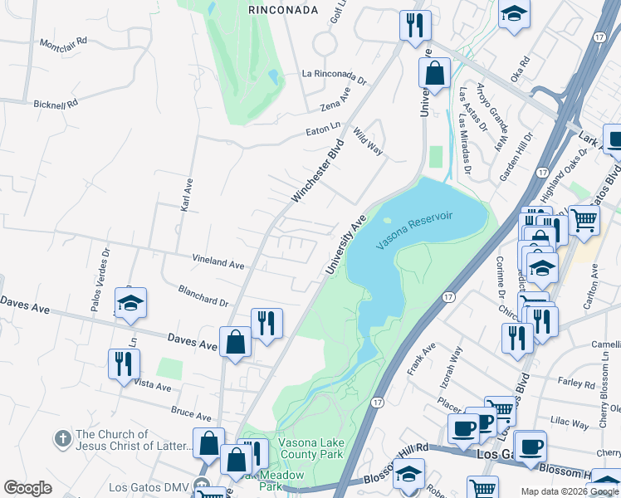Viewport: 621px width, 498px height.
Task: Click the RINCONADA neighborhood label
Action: (283, 10)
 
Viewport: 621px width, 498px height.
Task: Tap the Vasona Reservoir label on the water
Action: (414, 231)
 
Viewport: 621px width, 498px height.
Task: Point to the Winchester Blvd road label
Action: (317, 172)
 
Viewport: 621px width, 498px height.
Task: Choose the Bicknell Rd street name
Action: (55, 105)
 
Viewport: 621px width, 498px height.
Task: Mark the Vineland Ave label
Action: (218, 262)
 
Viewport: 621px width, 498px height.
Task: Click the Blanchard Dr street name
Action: (203, 295)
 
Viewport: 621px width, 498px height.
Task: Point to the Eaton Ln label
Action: (324, 127)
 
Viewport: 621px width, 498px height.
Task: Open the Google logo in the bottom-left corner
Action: (27, 488)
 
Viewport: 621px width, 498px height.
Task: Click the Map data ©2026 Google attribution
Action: (570, 491)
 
